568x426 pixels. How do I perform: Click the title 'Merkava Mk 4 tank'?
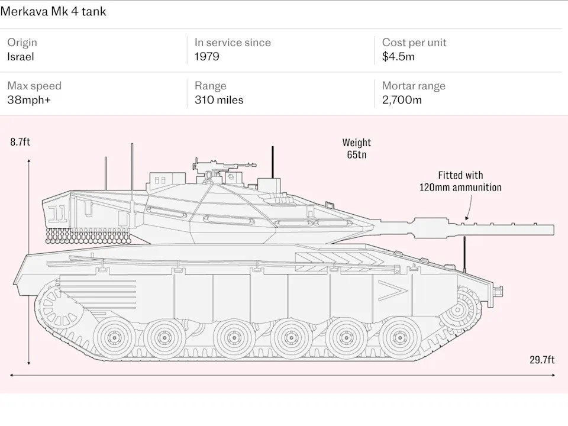pyautogui.click(x=53, y=12)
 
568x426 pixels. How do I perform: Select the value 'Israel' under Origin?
pyautogui.click(x=21, y=57)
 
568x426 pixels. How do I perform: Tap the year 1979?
pyautogui.click(x=207, y=57)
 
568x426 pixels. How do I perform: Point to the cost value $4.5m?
pyautogui.click(x=398, y=57)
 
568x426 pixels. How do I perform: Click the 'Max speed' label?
pyautogui.click(x=34, y=86)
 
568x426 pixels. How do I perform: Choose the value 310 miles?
pyautogui.click(x=219, y=100)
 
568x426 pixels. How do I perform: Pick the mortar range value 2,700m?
pyautogui.click(x=402, y=100)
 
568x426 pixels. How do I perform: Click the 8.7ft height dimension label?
pyautogui.click(x=20, y=142)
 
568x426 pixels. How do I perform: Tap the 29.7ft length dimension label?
pyautogui.click(x=542, y=360)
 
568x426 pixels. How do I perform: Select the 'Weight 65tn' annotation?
pyautogui.click(x=357, y=149)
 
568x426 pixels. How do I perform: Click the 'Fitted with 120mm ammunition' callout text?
pyautogui.click(x=460, y=182)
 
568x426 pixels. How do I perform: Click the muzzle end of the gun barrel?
pyautogui.click(x=553, y=230)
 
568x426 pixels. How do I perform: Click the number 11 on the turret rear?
pyautogui.click(x=57, y=214)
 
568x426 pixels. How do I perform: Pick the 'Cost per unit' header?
pyautogui.click(x=414, y=43)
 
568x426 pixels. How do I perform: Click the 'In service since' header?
pyautogui.click(x=233, y=43)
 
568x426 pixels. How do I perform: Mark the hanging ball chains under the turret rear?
pyautogui.click(x=88, y=235)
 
